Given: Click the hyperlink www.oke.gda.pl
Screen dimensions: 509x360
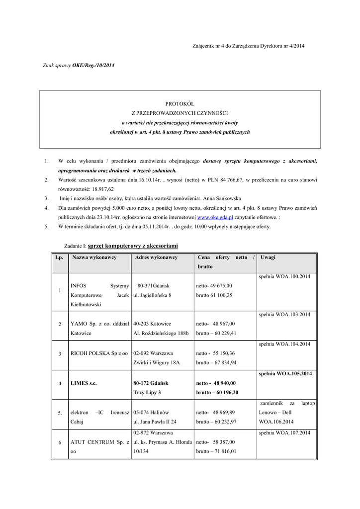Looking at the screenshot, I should (x=215, y=218).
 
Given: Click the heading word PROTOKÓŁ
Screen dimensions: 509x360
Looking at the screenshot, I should (x=180, y=104).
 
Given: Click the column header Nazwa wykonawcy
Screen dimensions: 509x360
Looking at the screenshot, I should (x=93, y=257).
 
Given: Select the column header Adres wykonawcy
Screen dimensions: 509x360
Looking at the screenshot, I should (x=156, y=257).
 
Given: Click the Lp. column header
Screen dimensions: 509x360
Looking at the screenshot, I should (x=59, y=257).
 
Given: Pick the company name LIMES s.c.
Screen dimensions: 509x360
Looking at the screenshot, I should (x=84, y=383).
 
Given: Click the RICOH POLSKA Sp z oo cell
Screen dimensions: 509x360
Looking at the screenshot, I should (x=99, y=353).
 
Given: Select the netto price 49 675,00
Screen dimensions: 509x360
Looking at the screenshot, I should (x=221, y=286).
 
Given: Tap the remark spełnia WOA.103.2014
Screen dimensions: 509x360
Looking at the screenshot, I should (x=284, y=315).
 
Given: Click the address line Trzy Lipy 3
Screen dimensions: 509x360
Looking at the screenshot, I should (x=147, y=392).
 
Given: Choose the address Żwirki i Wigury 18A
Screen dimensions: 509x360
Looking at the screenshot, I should (x=156, y=362).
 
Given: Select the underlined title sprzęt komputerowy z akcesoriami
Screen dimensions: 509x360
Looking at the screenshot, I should (x=133, y=246).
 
